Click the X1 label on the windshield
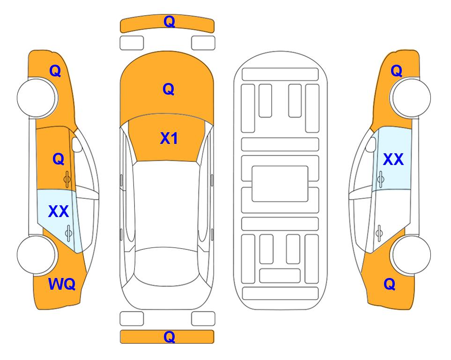pos(169,138)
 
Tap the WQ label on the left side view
pos(62,284)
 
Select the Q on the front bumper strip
pos(169,22)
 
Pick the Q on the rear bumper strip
pos(169,337)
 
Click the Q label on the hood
pos(169,89)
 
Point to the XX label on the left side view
pos(59,211)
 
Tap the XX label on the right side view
pos(393,159)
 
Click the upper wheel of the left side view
pos(37,97)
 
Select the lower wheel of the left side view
pos(37,255)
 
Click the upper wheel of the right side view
pos(410,97)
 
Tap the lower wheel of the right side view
pos(410,255)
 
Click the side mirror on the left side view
pos(77,144)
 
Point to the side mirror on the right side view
pos(371,144)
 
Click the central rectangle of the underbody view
pos(280,184)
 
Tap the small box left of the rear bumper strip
pos(132,319)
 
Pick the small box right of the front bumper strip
pos(203,43)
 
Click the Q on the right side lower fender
pos(390,284)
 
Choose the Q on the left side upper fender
pos(55,71)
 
